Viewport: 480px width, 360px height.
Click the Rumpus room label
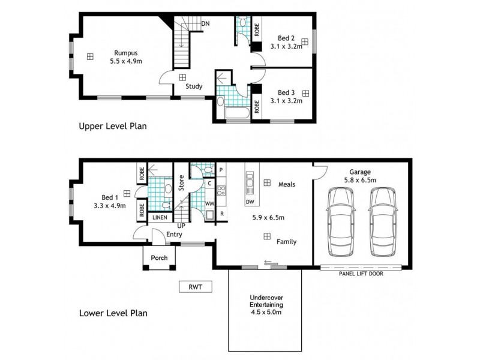(123, 52)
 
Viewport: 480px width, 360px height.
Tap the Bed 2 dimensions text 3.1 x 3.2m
(284, 45)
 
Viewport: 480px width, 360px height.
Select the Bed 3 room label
(286, 92)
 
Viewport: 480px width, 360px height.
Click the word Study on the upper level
(194, 86)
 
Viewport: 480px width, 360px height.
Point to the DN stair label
(206, 23)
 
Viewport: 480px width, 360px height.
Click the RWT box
(196, 287)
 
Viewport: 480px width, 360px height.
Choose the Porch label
(159, 258)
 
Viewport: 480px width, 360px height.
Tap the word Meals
(287, 184)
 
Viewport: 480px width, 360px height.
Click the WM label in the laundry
(210, 204)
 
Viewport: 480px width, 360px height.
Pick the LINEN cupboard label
(160, 217)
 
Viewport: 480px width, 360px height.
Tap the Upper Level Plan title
(113, 127)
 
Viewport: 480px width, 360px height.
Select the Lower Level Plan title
(113, 313)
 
